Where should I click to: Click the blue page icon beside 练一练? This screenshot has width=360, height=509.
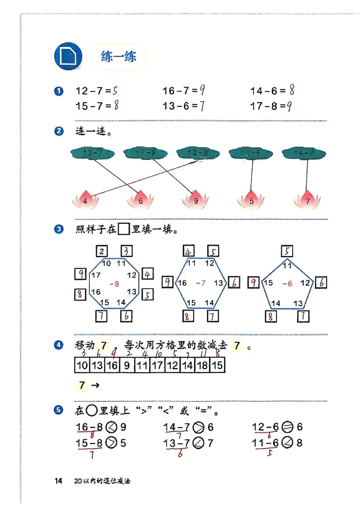(68, 56)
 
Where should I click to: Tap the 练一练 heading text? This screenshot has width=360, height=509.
(118, 57)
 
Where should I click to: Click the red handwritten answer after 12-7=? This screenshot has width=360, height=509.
(115, 91)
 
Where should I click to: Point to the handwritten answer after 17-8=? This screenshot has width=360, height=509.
(289, 106)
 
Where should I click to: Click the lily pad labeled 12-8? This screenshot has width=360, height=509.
(198, 153)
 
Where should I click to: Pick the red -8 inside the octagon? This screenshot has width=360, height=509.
(114, 284)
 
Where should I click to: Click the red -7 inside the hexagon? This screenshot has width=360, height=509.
(201, 283)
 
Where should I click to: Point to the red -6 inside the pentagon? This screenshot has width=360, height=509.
(287, 284)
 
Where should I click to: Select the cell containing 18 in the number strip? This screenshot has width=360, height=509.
(202, 365)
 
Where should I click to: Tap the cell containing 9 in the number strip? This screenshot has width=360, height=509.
(127, 365)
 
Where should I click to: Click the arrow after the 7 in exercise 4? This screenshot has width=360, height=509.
(95, 385)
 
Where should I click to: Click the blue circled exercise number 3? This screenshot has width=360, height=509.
(59, 229)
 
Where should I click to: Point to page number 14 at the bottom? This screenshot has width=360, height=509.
(58, 481)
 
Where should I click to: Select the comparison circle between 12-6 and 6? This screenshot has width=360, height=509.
(287, 427)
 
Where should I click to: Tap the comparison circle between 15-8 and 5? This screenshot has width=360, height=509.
(111, 443)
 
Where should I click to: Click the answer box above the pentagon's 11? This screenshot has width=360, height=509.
(287, 251)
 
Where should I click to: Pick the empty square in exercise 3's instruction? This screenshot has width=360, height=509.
(123, 229)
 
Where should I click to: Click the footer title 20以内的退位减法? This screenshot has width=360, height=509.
(102, 481)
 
